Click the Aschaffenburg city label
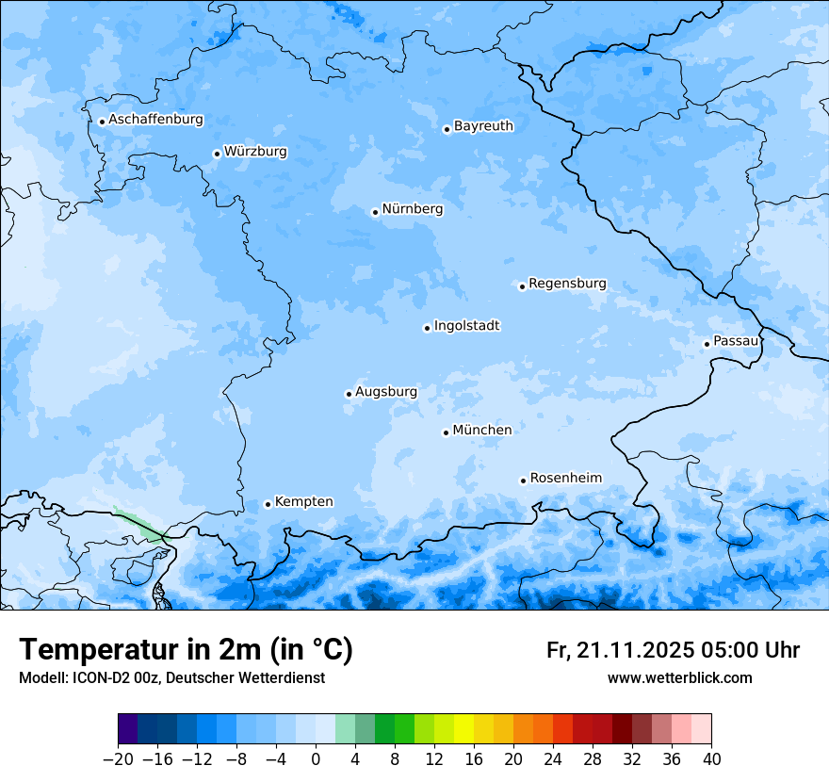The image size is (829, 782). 155,120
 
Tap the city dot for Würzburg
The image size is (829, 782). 217,154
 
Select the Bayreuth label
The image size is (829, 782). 483,125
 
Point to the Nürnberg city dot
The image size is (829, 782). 375,212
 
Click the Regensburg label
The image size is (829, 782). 567,284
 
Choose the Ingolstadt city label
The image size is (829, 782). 466,326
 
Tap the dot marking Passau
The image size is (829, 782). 707,344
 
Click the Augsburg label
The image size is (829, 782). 385,392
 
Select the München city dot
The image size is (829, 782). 446,432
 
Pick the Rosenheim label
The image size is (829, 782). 565,478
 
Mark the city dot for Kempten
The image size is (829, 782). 268,504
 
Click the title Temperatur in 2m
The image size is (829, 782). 186,649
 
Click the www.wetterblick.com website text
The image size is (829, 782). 679,677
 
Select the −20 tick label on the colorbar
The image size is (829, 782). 118,759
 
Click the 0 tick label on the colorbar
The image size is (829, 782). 316,759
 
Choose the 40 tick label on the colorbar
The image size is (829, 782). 711,759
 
